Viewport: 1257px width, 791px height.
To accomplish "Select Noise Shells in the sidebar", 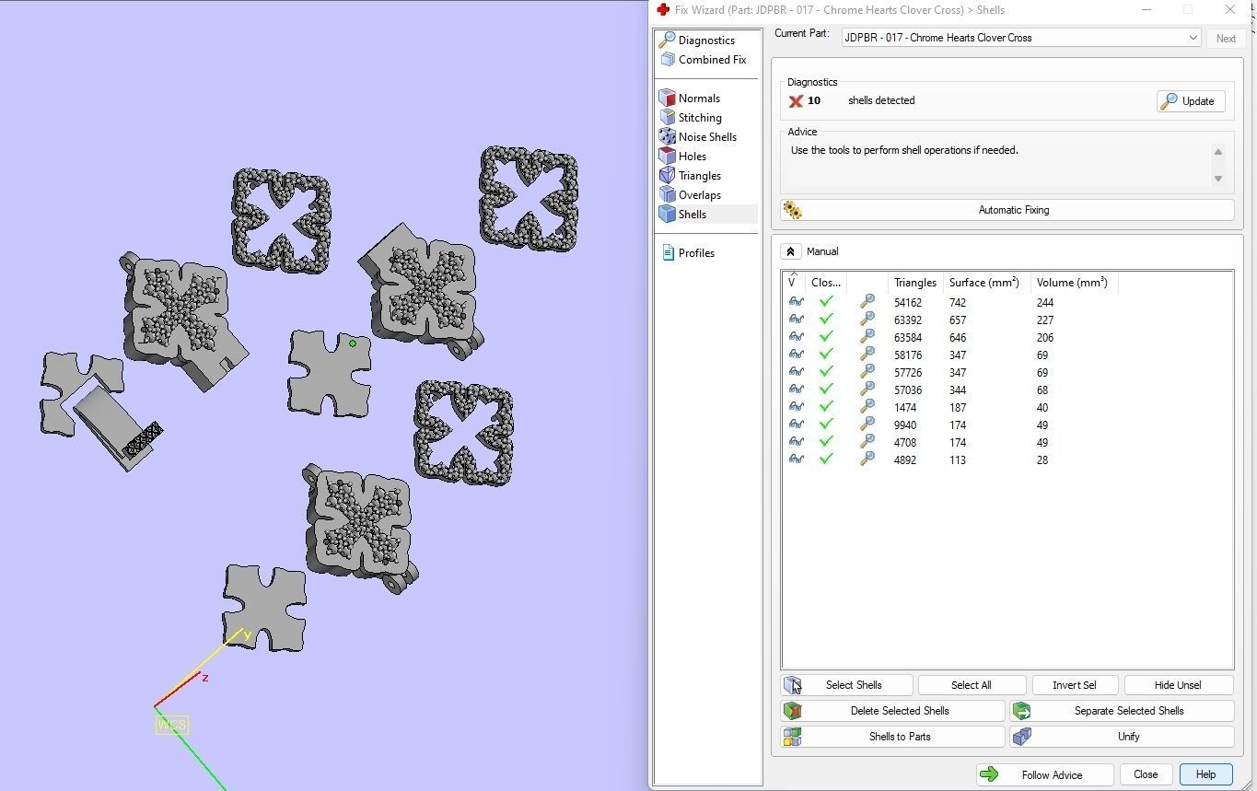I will (706, 137).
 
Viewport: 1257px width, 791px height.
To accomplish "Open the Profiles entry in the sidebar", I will (695, 253).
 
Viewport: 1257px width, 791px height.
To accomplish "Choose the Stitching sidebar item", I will (699, 118).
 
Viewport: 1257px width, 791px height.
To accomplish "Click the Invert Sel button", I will (1074, 685).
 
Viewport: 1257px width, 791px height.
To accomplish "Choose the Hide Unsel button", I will (1177, 685).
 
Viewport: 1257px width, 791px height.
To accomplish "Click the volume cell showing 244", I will (1045, 303).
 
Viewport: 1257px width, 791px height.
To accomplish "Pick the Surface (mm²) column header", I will (983, 283).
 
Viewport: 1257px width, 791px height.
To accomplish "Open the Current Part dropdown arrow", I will (1193, 38).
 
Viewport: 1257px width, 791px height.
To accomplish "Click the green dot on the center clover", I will (353, 343).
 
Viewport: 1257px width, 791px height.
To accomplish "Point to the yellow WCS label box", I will (171, 725).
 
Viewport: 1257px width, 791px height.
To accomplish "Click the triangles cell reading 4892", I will (904, 460).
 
